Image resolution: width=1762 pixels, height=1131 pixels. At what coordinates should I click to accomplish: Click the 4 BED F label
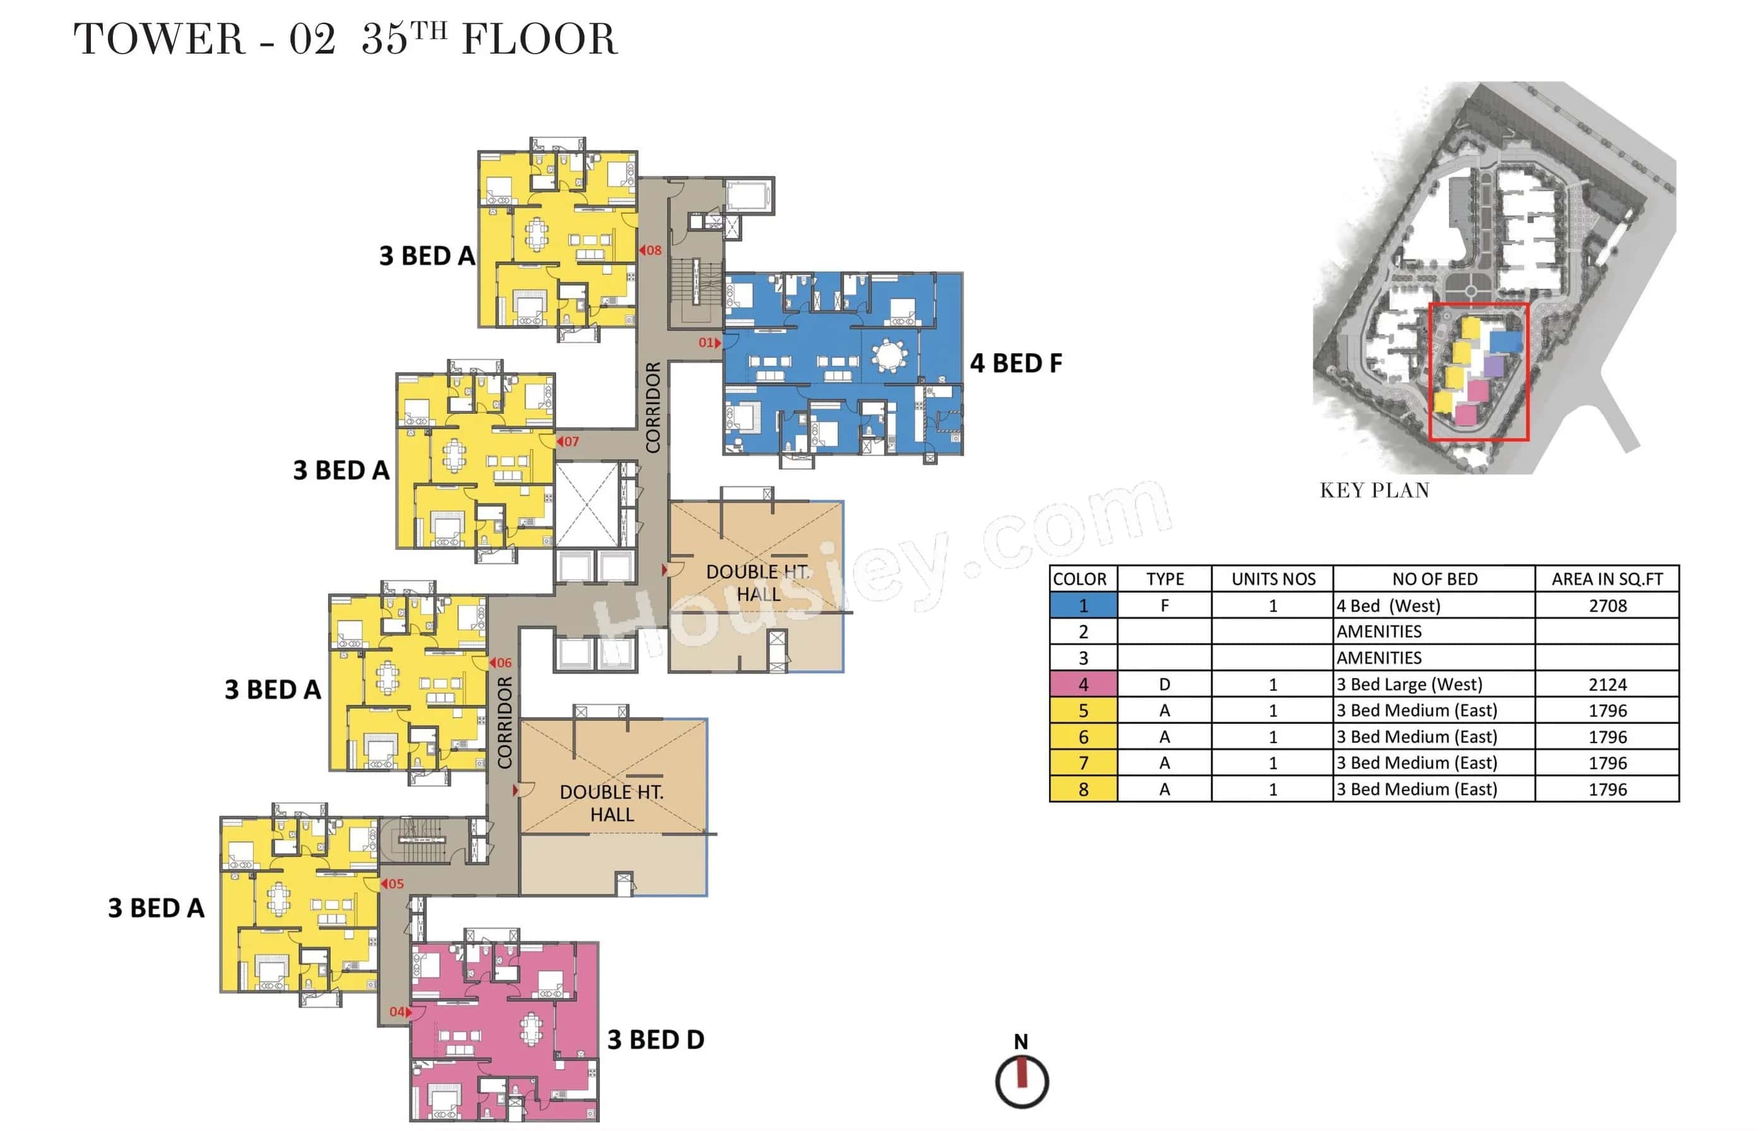pos(1016,363)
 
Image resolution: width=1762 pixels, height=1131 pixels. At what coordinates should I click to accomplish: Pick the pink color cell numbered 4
pos(1083,684)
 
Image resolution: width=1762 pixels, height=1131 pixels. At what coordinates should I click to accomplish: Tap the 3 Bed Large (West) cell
pos(1409,684)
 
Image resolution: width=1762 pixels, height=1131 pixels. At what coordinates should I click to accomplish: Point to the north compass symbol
pos(1021,1081)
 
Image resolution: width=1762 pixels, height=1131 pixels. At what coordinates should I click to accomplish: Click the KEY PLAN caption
pos(1374,491)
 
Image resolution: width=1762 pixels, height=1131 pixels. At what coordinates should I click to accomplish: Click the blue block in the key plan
pos(1505,341)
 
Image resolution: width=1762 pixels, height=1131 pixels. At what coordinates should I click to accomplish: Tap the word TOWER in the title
pos(158,40)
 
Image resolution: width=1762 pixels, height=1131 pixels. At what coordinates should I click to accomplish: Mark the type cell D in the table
pos(1164,684)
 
